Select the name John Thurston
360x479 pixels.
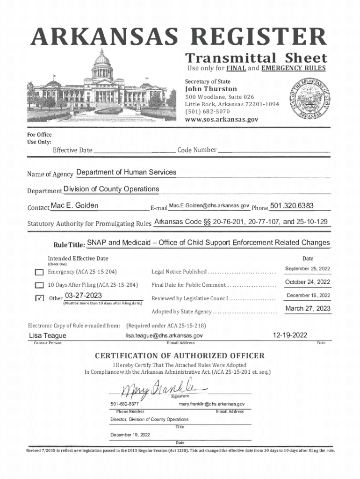(211, 89)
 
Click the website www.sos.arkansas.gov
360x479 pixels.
(221, 119)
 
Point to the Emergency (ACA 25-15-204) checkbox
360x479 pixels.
(39, 272)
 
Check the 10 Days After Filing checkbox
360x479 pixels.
(39, 285)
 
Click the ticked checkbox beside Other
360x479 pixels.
(39, 299)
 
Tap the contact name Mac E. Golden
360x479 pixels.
(74, 206)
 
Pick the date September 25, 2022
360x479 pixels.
(308, 269)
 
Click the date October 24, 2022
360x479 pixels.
(308, 282)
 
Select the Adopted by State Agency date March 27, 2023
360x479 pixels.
(308, 309)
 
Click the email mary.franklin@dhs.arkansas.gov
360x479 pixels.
(212, 404)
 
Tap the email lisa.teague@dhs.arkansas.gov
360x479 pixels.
(164, 335)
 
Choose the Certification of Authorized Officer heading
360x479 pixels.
(180, 356)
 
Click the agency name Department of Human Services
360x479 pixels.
(126, 172)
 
